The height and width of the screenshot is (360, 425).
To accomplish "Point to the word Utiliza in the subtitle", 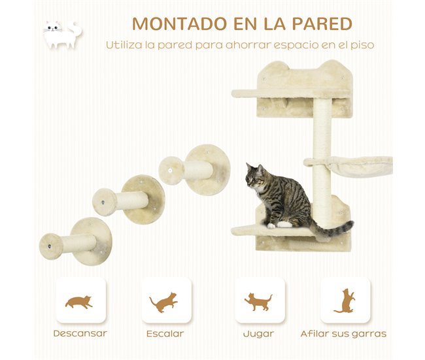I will pyautogui.click(x=126, y=46).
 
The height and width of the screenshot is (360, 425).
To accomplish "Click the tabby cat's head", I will pyautogui.click(x=256, y=177).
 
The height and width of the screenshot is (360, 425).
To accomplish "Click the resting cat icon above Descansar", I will pyautogui.click(x=79, y=302).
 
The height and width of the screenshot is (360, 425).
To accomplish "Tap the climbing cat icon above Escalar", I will pyautogui.click(x=163, y=301).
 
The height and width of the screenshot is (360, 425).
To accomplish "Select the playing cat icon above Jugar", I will pyautogui.click(x=258, y=301).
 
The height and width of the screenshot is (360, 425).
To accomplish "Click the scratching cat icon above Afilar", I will pyautogui.click(x=345, y=301).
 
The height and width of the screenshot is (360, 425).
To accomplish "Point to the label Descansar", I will pyautogui.click(x=79, y=334).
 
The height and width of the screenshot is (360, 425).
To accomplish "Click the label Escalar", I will pyautogui.click(x=165, y=334).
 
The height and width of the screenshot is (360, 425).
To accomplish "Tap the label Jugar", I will pyautogui.click(x=258, y=334).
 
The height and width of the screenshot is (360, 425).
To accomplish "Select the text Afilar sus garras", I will pyautogui.click(x=343, y=334).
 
